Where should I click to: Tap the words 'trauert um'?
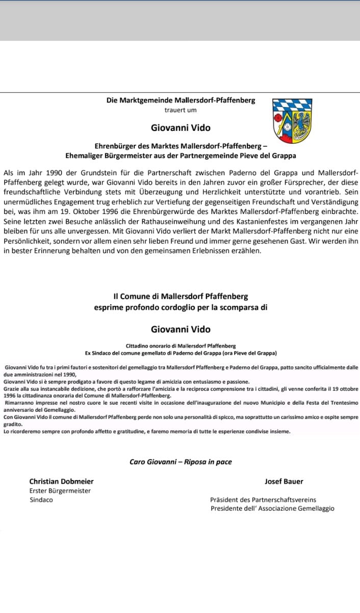(x=181, y=110)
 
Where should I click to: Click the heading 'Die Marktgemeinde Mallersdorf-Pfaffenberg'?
(x=181, y=100)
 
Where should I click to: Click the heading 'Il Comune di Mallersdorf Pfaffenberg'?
(x=181, y=296)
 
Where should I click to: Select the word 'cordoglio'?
(x=184, y=307)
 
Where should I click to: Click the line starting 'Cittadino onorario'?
(x=181, y=345)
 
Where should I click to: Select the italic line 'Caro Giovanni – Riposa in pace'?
(x=181, y=462)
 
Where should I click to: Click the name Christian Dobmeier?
(x=61, y=481)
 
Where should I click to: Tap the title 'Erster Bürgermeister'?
(x=60, y=491)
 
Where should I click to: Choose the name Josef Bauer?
(x=284, y=481)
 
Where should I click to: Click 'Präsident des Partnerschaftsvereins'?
(x=266, y=500)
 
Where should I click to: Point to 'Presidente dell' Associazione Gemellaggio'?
(x=272, y=509)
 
